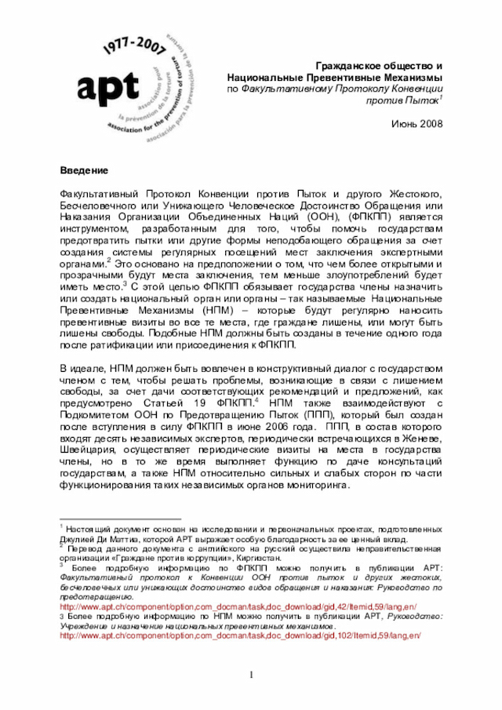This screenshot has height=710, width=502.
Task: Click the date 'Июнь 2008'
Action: [417, 124]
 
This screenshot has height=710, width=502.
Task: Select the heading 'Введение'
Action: [84, 170]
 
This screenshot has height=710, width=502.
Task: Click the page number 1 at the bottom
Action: [252, 675]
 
